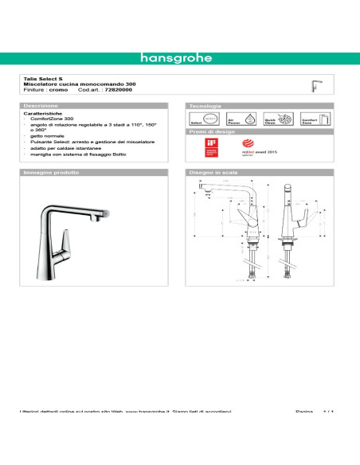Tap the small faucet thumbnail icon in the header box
tap(316, 85)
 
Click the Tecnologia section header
tap(205, 105)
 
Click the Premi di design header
tap(210, 132)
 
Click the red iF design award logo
tap(211, 147)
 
